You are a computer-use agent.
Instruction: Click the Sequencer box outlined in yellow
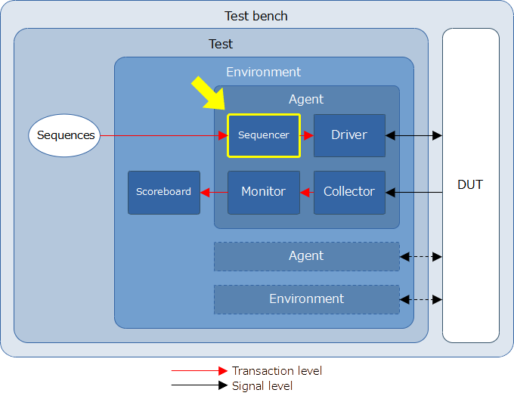[x=264, y=135]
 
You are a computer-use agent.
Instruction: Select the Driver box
[x=349, y=135]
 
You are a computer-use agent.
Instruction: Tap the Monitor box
[x=264, y=192]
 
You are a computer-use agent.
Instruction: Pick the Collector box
[x=349, y=192]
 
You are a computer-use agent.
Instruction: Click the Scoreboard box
[x=164, y=192]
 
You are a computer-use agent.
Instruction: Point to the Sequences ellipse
[x=64, y=135]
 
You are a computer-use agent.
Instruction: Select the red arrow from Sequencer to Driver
[x=307, y=135]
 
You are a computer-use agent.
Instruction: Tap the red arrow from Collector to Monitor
[x=307, y=192]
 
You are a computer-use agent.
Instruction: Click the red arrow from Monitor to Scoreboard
[x=214, y=192]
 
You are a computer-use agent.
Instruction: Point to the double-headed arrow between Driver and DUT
[x=413, y=135]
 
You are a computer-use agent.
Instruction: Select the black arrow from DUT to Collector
[x=413, y=192]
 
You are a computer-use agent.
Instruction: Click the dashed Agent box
[x=306, y=256]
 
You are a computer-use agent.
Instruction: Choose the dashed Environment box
[x=306, y=299]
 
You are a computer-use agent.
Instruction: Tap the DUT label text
[x=470, y=184]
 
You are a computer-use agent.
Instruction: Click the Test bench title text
[x=256, y=16]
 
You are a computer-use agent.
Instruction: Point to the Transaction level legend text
[x=277, y=371]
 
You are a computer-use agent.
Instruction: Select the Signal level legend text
[x=262, y=386]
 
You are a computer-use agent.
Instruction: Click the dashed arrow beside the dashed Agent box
[x=421, y=257]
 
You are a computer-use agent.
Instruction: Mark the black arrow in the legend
[x=200, y=385]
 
